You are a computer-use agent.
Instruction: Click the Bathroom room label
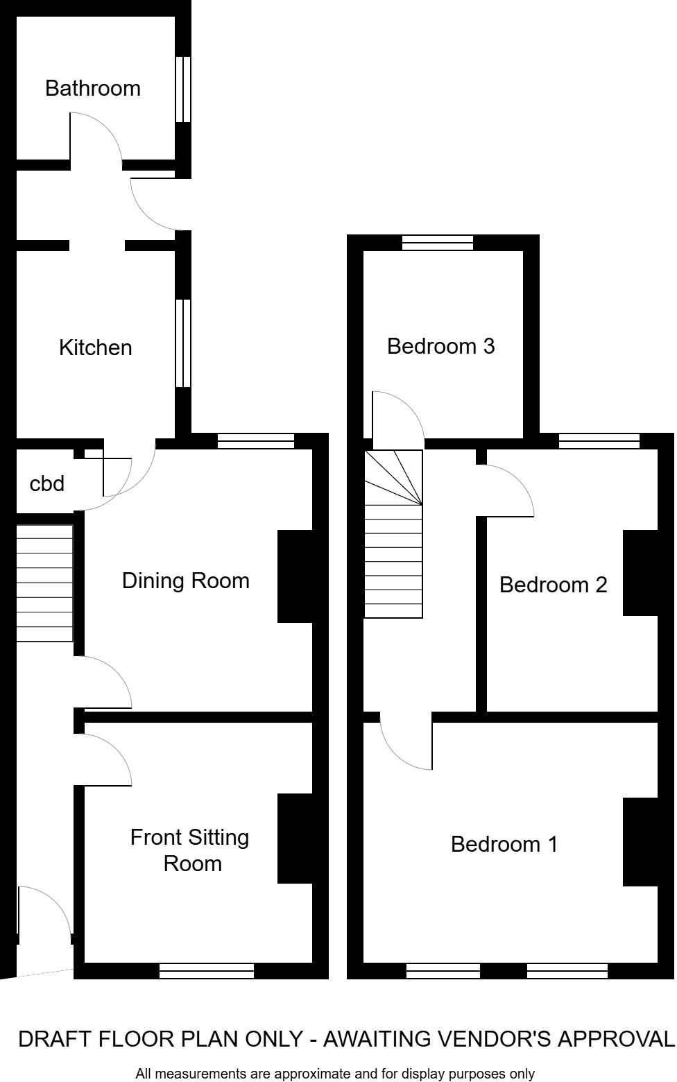(93, 88)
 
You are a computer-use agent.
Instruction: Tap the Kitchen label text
(95, 347)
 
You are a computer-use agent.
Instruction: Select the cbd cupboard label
(46, 483)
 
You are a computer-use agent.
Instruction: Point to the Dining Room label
(185, 581)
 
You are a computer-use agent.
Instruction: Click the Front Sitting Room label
(190, 850)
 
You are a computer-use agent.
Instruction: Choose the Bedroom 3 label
(440, 345)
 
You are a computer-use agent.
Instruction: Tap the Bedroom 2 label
(553, 585)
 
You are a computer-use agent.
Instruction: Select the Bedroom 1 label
(504, 844)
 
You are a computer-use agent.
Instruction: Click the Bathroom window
(182, 89)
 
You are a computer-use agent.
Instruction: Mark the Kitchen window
(182, 343)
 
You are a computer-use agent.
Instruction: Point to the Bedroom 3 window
(438, 243)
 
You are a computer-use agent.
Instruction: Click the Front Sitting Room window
(207, 971)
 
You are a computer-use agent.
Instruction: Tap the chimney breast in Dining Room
(295, 576)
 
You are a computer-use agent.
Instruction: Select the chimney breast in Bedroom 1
(640, 842)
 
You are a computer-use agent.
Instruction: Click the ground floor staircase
(44, 583)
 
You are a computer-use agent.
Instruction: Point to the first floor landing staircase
(393, 534)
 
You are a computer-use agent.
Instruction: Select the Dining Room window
(256, 441)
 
